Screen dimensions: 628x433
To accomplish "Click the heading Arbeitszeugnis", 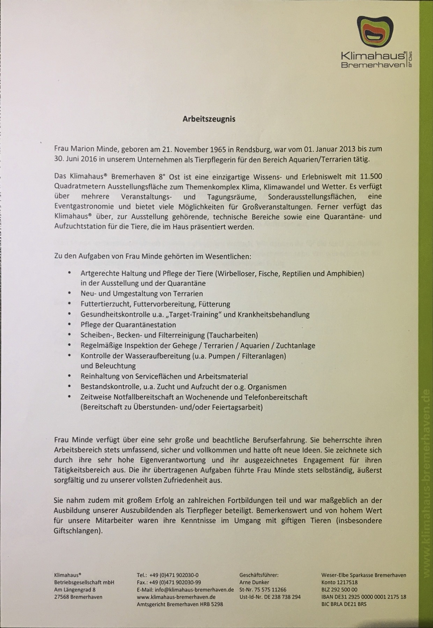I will pos(209,119).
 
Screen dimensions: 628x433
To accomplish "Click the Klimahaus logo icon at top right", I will pos(375,31).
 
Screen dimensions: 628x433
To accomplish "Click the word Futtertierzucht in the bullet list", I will pos(105,304).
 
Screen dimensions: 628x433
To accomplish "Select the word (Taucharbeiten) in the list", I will pos(232,335).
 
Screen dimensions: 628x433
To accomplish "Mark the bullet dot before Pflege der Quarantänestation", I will pos(70,325).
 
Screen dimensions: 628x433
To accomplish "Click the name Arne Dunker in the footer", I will pos(254,582).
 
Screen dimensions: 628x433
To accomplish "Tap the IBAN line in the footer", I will pos(364,597).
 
